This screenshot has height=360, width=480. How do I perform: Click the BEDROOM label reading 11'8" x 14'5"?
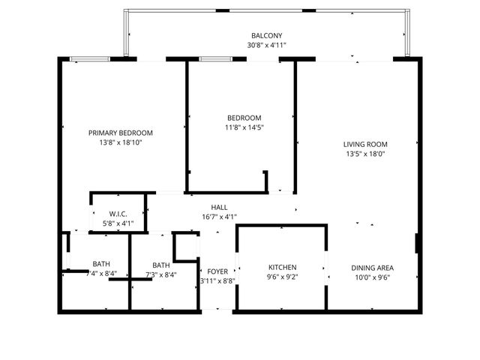(x=244, y=118)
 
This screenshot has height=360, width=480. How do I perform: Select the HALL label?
(x=219, y=207)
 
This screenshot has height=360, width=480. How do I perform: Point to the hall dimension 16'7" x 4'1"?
(x=219, y=217)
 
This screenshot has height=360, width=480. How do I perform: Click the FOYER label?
(x=217, y=271)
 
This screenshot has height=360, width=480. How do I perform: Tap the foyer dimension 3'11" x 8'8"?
(x=217, y=281)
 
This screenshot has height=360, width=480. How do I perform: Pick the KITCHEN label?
(x=283, y=267)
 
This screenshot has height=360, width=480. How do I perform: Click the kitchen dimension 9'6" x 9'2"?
(x=283, y=277)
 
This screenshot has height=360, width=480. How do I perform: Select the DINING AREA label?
(x=373, y=268)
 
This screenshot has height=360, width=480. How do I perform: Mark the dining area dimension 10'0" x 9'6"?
(x=373, y=277)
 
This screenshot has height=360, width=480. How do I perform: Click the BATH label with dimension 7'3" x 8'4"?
(x=161, y=265)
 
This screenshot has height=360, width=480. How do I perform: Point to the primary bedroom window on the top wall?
(x=90, y=58)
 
